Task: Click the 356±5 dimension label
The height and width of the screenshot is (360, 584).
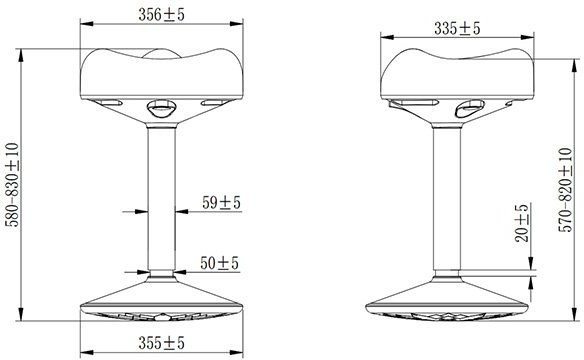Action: tap(161, 15)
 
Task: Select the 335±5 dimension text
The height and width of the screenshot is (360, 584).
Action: tap(457, 29)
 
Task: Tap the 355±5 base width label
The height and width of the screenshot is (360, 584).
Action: tap(161, 343)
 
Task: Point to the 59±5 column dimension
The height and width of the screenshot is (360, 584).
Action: tap(221, 203)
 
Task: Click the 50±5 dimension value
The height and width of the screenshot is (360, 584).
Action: tap(219, 263)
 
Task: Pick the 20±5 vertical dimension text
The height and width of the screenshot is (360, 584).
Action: tap(522, 223)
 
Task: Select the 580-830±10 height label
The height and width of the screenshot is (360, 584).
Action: tap(12, 185)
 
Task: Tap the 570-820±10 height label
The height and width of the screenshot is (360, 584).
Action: tap(565, 190)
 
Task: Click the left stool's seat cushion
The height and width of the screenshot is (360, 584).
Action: tap(162, 74)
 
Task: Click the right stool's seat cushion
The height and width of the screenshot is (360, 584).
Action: tap(457, 74)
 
